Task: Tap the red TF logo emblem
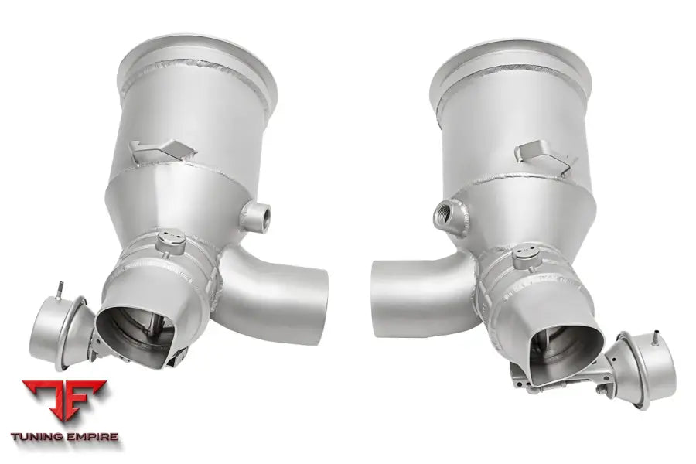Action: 64,402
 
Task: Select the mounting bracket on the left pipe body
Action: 159,152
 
